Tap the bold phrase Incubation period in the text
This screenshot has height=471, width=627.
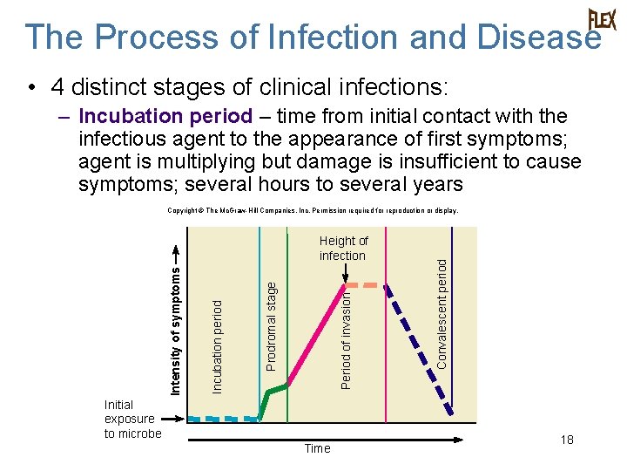click(x=165, y=116)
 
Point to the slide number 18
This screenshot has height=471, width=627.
click(x=567, y=440)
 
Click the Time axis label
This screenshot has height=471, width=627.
click(x=317, y=448)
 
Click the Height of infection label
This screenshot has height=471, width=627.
click(x=343, y=248)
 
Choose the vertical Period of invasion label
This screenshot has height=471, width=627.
click(x=346, y=339)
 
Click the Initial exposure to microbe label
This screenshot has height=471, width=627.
click(x=132, y=419)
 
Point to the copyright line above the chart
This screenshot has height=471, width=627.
click(x=313, y=210)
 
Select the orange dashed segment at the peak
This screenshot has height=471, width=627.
click(x=367, y=285)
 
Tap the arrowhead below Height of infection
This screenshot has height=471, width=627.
click(x=347, y=283)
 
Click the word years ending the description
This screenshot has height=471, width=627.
click(x=435, y=184)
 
